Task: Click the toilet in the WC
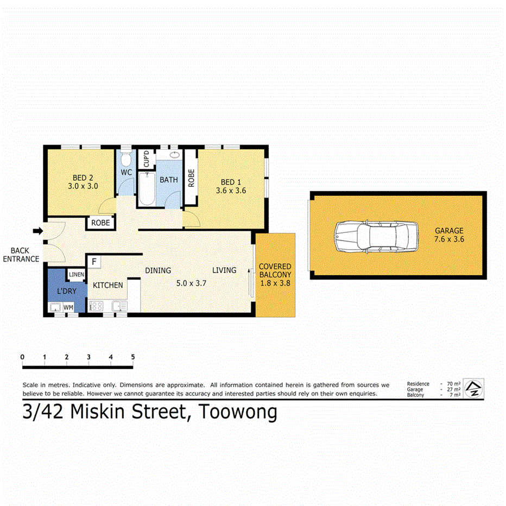point(126,160)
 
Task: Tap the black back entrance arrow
point(37,231)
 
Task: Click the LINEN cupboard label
point(76,275)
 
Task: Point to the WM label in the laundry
point(68,308)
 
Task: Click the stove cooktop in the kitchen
point(96,306)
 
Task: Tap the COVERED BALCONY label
point(275,270)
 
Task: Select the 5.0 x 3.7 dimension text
point(191,283)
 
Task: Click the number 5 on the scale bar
point(132,357)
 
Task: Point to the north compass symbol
point(475,388)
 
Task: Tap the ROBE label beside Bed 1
point(191,178)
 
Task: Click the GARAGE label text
point(449,231)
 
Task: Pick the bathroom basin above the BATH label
point(175,155)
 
